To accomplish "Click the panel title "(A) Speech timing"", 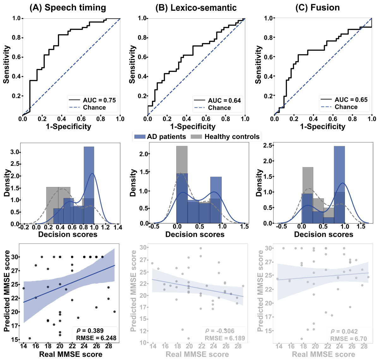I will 68,8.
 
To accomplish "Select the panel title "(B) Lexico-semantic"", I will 196,8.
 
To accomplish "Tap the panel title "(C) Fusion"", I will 317,8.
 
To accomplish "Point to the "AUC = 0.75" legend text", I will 99,100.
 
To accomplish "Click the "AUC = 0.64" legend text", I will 224,100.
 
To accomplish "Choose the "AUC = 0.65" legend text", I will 351,100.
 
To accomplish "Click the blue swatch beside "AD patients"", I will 140,137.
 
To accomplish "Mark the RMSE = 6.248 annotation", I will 96,338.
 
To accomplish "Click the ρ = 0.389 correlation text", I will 90,331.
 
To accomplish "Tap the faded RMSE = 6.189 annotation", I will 225,338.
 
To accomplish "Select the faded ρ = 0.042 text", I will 344,331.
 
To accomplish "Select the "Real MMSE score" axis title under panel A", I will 71,354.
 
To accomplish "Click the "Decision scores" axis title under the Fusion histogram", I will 323,234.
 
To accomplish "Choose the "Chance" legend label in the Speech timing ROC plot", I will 94,107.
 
